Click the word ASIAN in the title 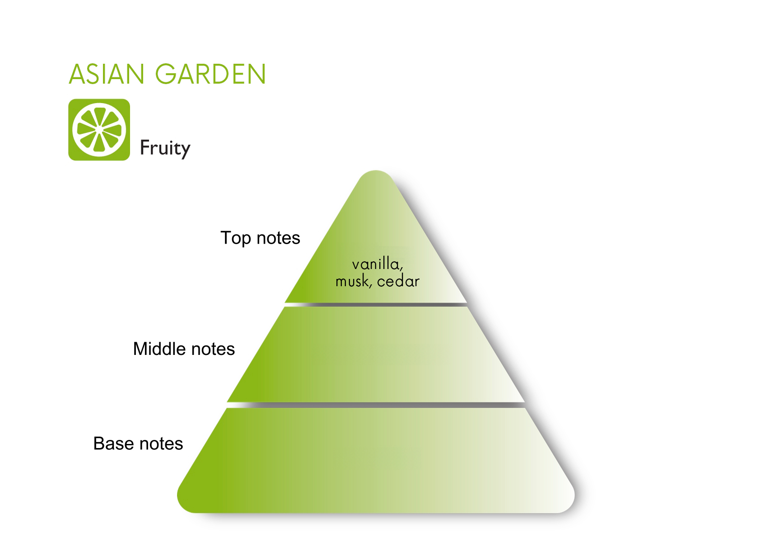tap(107, 74)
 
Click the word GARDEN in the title tap(210, 74)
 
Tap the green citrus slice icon tap(99, 130)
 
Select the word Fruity tap(165, 148)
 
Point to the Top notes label tap(260, 238)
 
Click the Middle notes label tap(184, 349)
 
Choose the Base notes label tap(138, 444)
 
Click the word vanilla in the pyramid tap(377, 264)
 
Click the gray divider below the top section tap(376, 305)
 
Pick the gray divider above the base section tap(376, 405)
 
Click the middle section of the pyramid tap(376, 354)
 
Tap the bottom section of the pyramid tap(376, 460)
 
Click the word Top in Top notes tap(236, 238)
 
